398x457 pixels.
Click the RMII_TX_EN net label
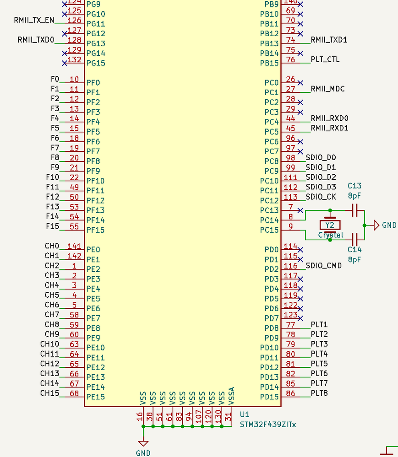point(34,20)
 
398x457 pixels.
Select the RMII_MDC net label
point(327,89)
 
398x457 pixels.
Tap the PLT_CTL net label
point(325,59)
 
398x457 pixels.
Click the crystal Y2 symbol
point(330,225)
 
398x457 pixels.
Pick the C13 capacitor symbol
point(354,210)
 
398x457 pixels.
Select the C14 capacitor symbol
point(354,239)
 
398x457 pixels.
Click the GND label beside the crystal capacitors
point(389,225)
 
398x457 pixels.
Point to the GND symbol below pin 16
point(143,443)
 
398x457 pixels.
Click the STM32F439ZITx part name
point(268,425)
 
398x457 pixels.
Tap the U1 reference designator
point(245,414)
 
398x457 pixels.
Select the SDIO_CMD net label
point(323,265)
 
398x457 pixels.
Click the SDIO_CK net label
point(321,197)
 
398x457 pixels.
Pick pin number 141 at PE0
point(74,246)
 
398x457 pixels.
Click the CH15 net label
point(49,393)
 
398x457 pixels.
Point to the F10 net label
point(53,177)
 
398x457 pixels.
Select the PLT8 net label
point(319,393)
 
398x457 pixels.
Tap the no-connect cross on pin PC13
point(300,210)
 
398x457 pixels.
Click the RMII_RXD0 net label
point(329,118)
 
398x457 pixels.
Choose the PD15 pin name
point(269,397)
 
